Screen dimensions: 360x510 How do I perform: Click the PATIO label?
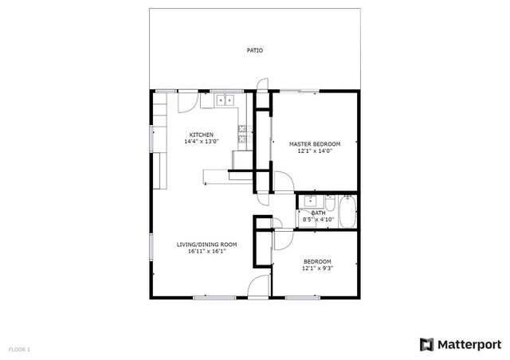(254, 51)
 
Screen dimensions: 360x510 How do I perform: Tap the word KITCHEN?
(201, 135)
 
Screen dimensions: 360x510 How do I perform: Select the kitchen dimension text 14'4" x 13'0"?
(201, 142)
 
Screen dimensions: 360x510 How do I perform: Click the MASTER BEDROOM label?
(314, 144)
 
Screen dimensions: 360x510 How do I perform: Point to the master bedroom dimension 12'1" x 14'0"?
(314, 151)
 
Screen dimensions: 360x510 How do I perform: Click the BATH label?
(318, 213)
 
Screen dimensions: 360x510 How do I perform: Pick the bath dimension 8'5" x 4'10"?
(318, 220)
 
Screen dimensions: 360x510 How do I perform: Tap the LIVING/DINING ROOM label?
(207, 245)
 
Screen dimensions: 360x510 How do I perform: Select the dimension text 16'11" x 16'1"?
(207, 252)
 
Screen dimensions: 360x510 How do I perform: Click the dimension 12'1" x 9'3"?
(317, 269)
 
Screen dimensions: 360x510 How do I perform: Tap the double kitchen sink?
(226, 101)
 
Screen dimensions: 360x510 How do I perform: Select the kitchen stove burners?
(244, 135)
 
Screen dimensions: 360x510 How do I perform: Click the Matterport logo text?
(469, 344)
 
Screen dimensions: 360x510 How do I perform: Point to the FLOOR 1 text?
(19, 349)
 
